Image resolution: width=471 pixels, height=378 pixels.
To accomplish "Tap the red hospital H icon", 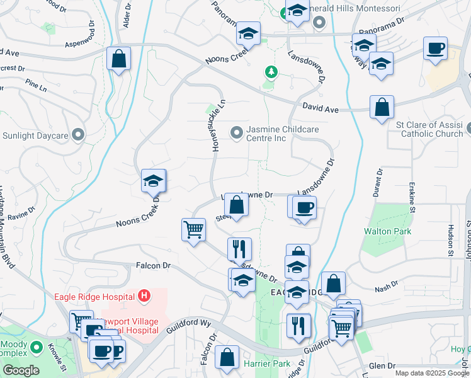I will coord(144,294).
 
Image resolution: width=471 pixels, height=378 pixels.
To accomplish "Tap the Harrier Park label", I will coord(273,364).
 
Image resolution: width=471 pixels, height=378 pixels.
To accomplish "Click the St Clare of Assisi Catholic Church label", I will coord(430,129).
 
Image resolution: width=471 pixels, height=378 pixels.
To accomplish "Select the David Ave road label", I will coord(320,109).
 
